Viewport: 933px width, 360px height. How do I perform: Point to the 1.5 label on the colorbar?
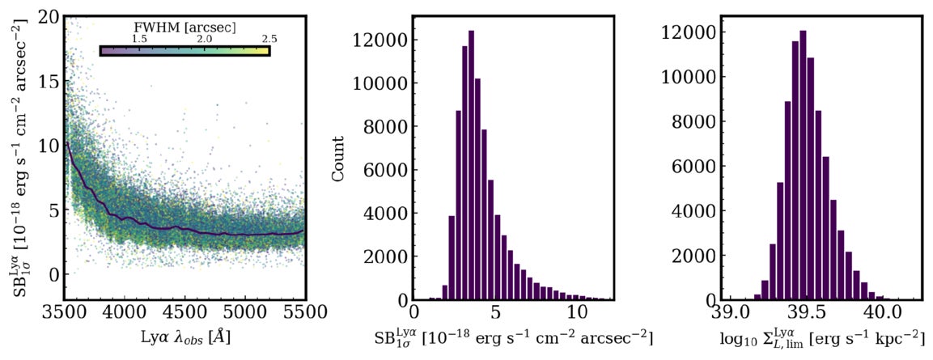(139, 39)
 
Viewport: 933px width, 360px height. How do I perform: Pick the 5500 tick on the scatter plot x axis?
(303, 311)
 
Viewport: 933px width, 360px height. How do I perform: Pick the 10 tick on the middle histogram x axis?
(576, 311)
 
